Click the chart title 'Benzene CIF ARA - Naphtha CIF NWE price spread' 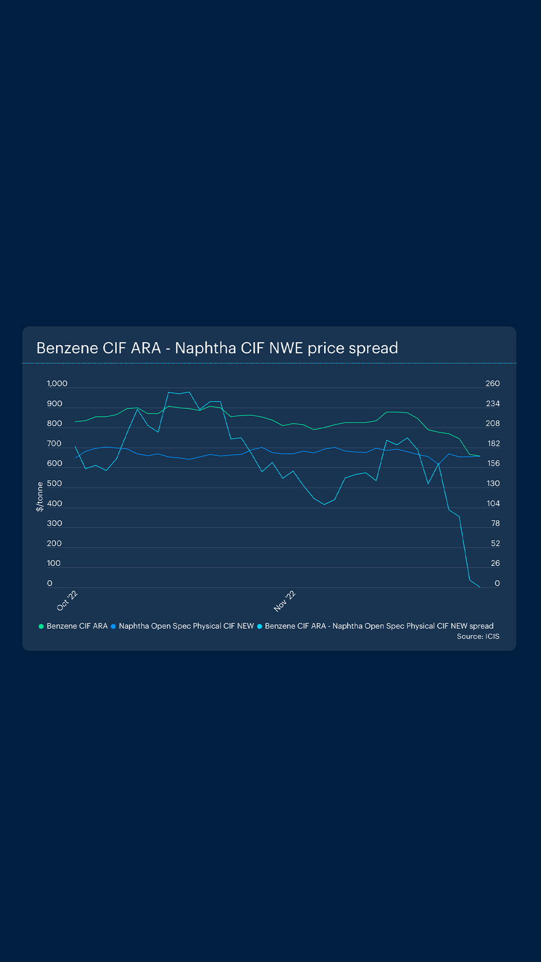[x=217, y=348]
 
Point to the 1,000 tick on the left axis [x=57, y=384]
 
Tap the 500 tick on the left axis [x=55, y=484]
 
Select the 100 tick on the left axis [x=54, y=563]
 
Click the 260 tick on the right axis [x=492, y=384]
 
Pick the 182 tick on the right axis [x=493, y=444]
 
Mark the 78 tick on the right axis [x=495, y=524]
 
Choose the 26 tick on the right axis [x=495, y=563]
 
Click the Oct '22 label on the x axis [x=67, y=600]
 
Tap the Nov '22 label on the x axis [x=285, y=601]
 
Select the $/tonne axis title [x=40, y=497]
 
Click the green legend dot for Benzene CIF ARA [x=41, y=626]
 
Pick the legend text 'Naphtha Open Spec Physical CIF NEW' [x=186, y=626]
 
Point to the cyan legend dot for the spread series [x=259, y=626]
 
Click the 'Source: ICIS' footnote [x=478, y=636]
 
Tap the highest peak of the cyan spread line [x=189, y=392]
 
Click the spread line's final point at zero [x=480, y=587]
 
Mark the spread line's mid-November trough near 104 [x=324, y=504]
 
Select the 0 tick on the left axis [x=50, y=583]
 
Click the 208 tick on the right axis [x=492, y=424]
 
